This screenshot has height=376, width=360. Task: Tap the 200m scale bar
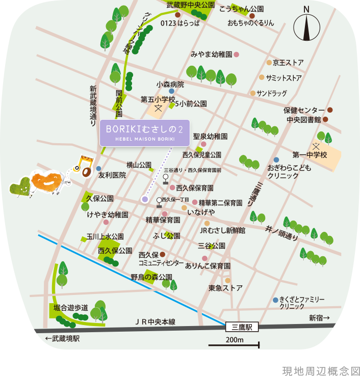[234, 345]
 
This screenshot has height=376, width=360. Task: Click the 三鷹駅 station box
[242, 327]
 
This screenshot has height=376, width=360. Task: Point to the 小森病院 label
[170, 85]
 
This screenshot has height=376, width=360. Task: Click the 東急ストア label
[226, 288]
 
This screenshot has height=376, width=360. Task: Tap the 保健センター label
[304, 110]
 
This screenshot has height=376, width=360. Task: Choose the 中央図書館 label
[303, 120]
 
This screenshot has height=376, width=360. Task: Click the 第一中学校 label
[310, 154]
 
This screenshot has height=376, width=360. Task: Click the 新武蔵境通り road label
[93, 105]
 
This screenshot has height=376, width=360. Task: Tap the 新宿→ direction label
[319, 318]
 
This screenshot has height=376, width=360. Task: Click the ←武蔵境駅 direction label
[63, 339]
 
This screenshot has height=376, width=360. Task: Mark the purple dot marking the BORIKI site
[145, 200]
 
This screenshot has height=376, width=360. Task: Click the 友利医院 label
[112, 175]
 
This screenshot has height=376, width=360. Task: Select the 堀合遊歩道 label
[71, 308]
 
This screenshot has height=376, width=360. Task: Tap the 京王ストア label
[288, 63]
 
